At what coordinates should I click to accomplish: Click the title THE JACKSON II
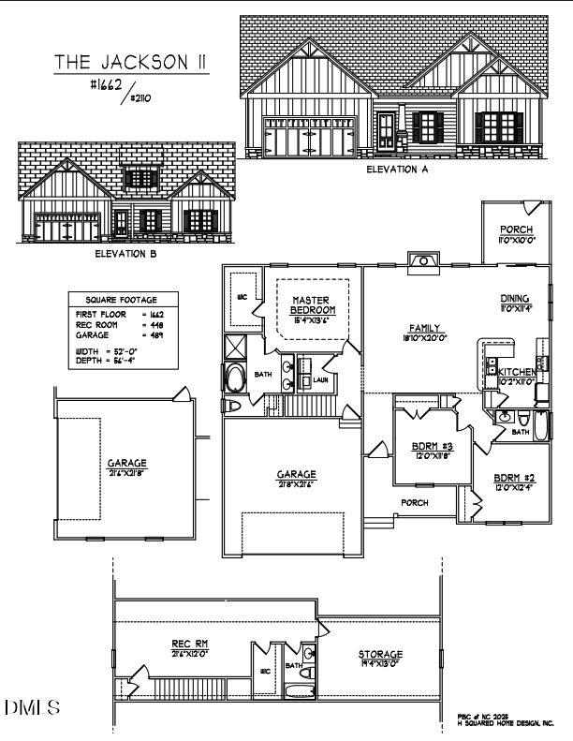tap(131, 62)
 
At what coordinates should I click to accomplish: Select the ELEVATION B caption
tap(125, 253)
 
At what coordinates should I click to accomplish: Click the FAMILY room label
tap(423, 328)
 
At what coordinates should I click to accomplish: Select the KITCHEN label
tap(516, 373)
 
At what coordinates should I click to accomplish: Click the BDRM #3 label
tap(433, 445)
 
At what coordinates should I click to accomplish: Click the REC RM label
tap(189, 643)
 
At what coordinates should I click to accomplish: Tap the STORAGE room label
tap(380, 653)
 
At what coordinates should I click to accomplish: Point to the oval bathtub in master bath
tap(234, 379)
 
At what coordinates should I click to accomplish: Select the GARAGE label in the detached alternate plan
tap(125, 463)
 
